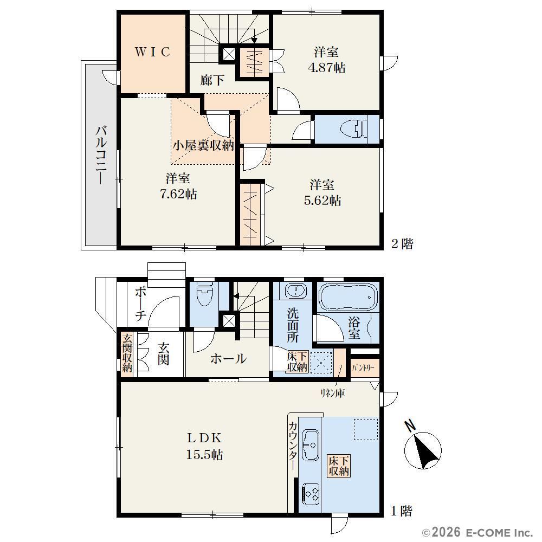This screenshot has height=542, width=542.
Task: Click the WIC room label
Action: coord(152,52)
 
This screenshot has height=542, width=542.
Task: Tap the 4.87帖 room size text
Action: coord(327,67)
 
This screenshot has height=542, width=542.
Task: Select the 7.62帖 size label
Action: coord(178,194)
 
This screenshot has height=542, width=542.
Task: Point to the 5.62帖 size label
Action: coord(322,201)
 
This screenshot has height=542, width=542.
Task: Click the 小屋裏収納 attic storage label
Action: coord(203,145)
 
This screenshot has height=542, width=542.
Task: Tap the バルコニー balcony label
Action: coord(101,155)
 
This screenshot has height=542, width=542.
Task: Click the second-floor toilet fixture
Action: coord(353,129)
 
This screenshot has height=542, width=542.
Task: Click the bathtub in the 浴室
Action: coord(348,297)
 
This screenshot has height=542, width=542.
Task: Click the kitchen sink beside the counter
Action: coord(310,445)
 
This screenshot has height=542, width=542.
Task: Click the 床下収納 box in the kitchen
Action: coord(339,466)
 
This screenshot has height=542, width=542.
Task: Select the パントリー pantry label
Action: coord(363,368)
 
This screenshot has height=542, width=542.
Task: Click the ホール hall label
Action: coord(229,359)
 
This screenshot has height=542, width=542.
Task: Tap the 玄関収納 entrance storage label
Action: coord(127,352)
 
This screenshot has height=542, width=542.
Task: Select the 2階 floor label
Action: coord(402,244)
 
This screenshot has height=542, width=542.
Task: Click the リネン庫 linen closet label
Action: coord(333,393)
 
